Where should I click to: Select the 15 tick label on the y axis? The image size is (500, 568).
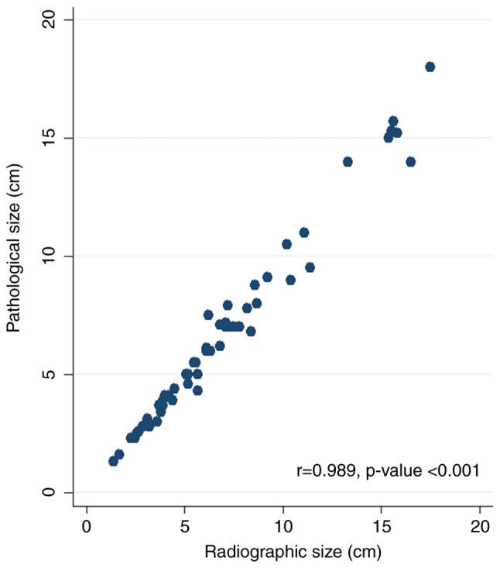[50, 138]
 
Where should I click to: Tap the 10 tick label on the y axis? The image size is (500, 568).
[50, 256]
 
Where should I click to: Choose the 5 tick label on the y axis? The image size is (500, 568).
[50, 374]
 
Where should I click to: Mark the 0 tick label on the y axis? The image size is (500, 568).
[50, 493]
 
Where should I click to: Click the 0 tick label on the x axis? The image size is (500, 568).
[87, 526]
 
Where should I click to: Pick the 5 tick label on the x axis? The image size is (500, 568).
[185, 526]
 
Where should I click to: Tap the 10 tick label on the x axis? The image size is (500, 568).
[283, 526]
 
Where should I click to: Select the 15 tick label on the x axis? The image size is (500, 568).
[382, 526]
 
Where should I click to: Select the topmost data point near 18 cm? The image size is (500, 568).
[430, 67]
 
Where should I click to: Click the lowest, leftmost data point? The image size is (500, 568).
[113, 461]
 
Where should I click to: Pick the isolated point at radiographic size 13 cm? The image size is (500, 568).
[348, 161]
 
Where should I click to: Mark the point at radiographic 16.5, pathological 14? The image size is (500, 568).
[411, 161]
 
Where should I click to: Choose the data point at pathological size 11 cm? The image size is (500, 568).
[304, 232]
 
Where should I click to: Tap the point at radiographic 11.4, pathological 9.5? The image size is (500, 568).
[310, 267]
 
